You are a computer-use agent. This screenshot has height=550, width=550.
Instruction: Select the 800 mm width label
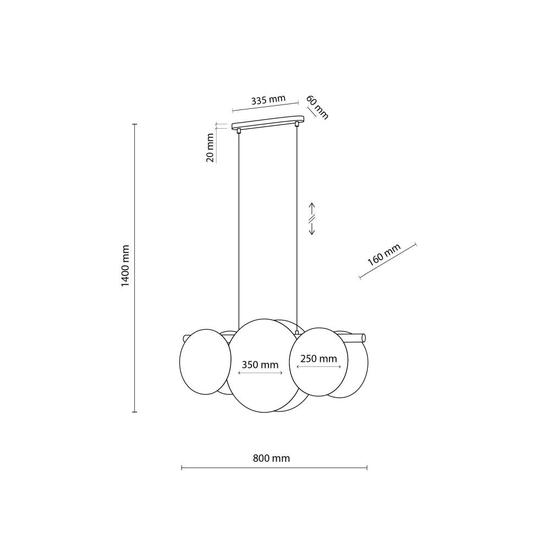click(x=271, y=458)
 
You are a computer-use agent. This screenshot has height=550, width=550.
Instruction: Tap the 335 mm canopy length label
click(x=268, y=100)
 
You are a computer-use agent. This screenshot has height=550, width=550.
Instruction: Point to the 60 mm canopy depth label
click(x=317, y=107)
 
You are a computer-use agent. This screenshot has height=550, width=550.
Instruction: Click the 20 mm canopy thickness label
click(x=210, y=147)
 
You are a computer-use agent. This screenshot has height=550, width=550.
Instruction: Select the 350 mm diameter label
click(x=260, y=365)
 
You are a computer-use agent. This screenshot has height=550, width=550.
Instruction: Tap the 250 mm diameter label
click(x=318, y=359)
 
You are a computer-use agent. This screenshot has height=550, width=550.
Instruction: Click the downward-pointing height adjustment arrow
click(x=312, y=229)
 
